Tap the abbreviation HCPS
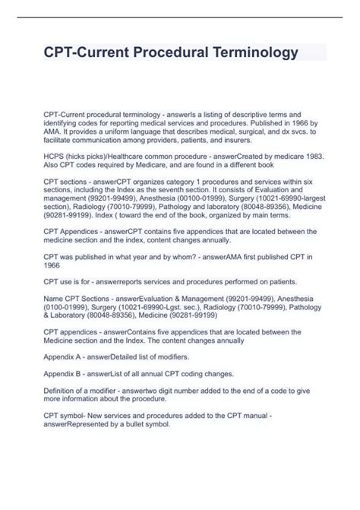coord(55,156)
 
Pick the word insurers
coord(259,141)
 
